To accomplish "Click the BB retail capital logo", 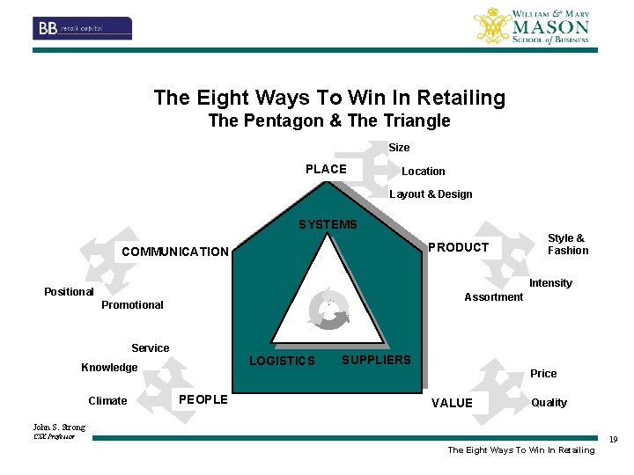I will pos(83,28).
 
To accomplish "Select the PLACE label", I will pos(326,169).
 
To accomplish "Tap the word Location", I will pos(424,172).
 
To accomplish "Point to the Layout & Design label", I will pos(431,194).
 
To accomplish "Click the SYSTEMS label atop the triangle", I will pos(328,224).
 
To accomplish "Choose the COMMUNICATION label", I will pos(174,252).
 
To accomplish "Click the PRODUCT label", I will pos(458,247).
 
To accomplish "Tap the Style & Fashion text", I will pos(567,245).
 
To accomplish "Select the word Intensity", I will pos(550,283).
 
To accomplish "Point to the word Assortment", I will pos(493,297).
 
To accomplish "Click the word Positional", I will pos(69,292).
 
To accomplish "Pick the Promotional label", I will pos(132,305).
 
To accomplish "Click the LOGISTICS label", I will pos(282,361).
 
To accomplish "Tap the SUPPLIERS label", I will pos(376,360).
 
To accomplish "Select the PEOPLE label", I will pos(203,400).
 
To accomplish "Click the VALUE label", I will pos(452,403).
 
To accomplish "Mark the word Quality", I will pos(549,403).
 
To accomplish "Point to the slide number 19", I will pos(614,440).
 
